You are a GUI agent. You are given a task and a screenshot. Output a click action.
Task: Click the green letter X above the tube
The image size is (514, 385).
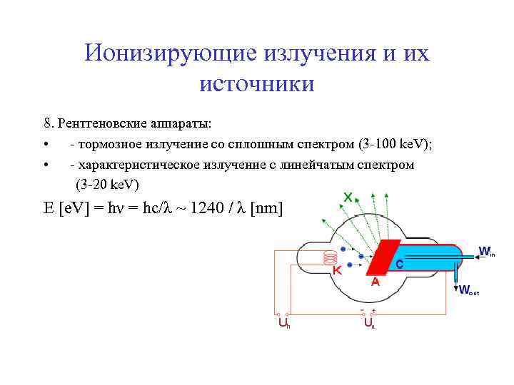(348, 196)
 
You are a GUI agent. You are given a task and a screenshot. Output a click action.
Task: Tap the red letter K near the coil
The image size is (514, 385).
(337, 271)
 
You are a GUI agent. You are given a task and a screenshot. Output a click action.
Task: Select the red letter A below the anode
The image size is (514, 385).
(375, 283)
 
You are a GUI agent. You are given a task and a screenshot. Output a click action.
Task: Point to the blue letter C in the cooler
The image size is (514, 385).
(400, 264)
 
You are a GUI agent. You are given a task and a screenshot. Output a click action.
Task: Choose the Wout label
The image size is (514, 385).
(468, 290)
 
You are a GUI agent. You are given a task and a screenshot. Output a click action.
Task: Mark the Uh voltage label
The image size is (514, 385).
(283, 324)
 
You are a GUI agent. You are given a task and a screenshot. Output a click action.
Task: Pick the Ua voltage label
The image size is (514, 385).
(369, 324)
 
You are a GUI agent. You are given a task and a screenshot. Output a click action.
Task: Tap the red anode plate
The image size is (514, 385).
(383, 257)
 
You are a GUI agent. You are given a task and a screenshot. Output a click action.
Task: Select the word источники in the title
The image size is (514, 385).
(257, 83)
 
